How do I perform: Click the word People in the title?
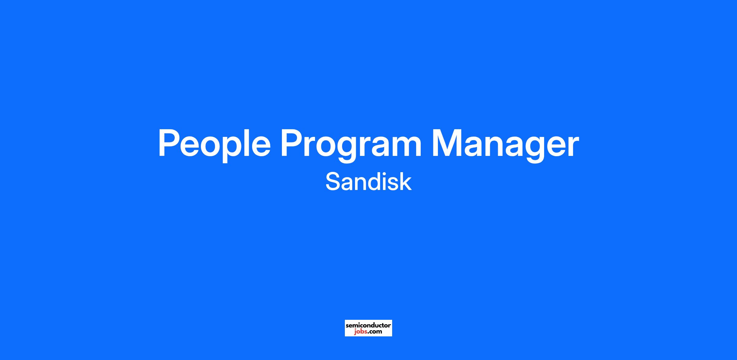pyautogui.click(x=214, y=145)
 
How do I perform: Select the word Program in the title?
pyautogui.click(x=351, y=145)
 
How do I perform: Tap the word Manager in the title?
pyautogui.click(x=505, y=145)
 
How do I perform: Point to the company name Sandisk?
pyautogui.click(x=368, y=182)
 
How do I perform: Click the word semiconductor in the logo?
pyautogui.click(x=368, y=325)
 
